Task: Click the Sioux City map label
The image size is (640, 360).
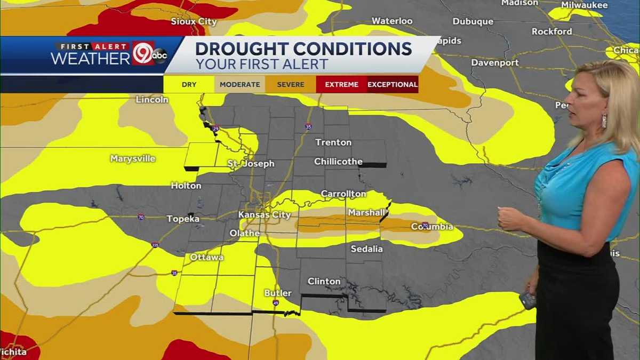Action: pos(194,22)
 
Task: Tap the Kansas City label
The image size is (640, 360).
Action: pos(265,215)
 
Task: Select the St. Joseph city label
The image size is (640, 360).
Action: pos(251,164)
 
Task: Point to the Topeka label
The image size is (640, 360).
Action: pos(183,219)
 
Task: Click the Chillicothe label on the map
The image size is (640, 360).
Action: pos(338,161)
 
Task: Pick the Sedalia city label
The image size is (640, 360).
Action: pos(366,249)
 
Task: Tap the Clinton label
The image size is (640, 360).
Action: pos(324,281)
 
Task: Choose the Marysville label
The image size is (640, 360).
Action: pos(133,158)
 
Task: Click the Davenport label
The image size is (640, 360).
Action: pos(495,62)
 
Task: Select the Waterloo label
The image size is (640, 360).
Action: pos(392,21)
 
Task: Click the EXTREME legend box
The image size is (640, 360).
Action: pos(341,84)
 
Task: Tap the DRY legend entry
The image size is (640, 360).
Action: pos(189,84)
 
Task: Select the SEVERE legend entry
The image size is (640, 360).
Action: pos(291,84)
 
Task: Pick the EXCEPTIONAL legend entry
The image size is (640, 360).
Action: pos(393,84)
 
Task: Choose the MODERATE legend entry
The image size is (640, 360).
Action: pos(239,84)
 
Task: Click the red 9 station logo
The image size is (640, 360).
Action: pos(142,53)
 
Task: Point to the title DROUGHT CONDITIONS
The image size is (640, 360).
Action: pos(303,49)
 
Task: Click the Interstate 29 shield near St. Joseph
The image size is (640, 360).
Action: pos(215,130)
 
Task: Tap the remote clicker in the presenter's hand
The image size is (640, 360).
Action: pos(527,300)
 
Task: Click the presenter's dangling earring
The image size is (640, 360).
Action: pos(604,121)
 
